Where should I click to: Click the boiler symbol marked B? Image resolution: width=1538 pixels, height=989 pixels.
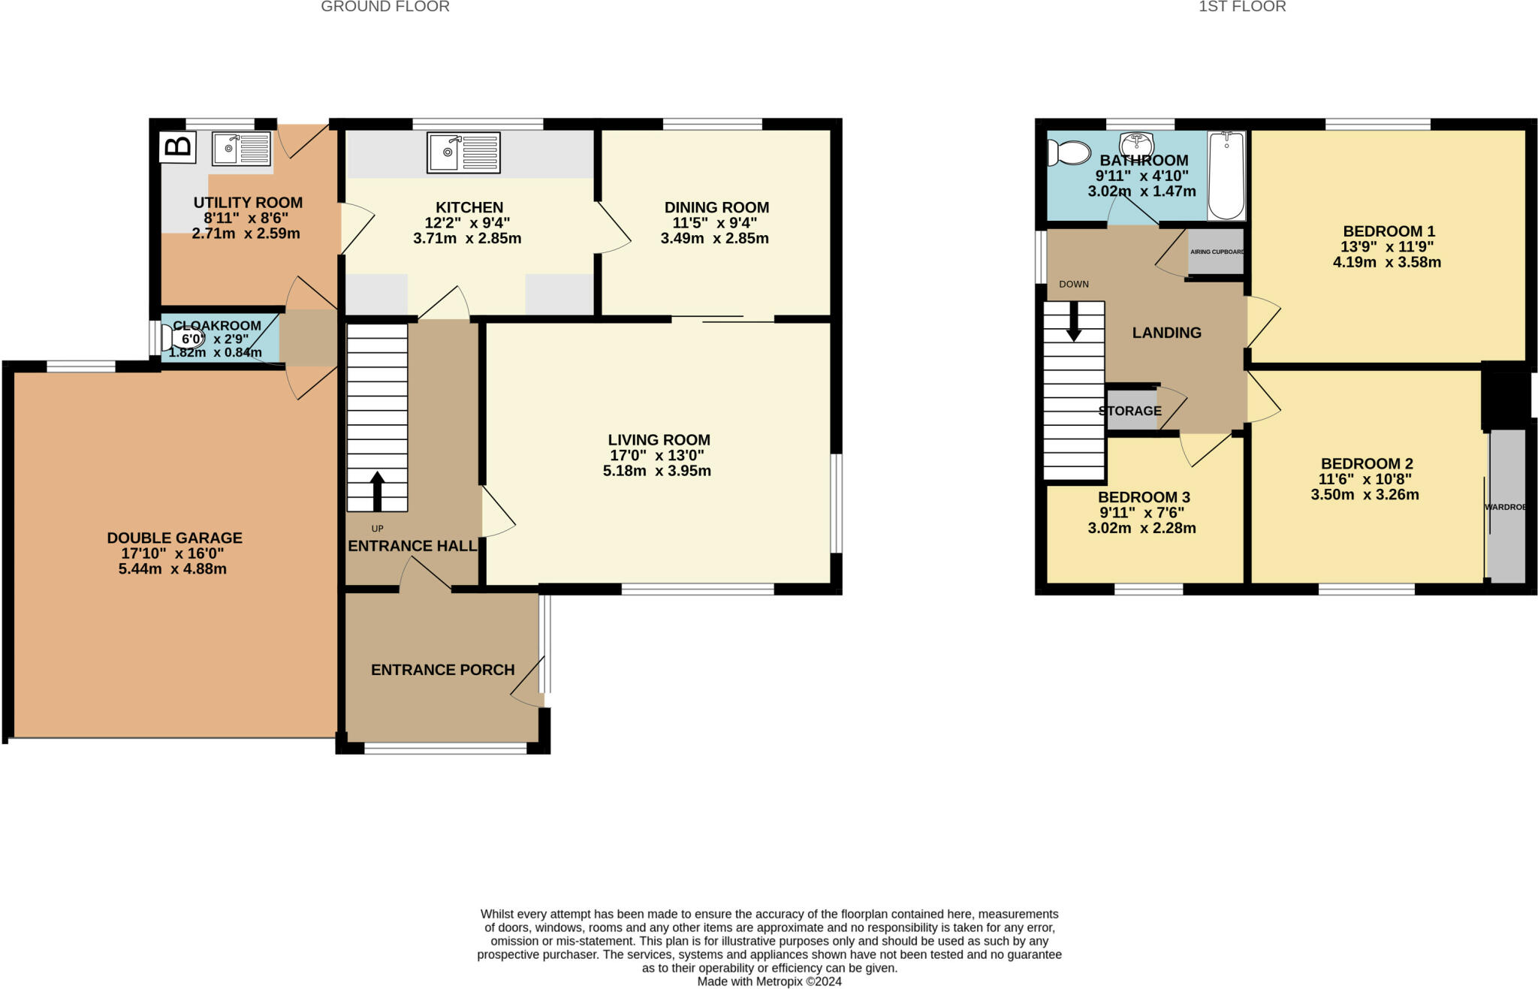(x=178, y=147)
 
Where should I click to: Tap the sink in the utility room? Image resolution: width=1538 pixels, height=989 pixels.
(x=241, y=149)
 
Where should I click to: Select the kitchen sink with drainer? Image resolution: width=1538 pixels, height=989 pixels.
(x=463, y=152)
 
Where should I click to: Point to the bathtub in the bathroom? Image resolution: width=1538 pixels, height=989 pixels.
(x=1226, y=176)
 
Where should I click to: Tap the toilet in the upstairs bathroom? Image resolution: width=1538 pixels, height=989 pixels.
(x=1069, y=152)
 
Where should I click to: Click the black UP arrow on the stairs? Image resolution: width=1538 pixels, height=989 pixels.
(x=377, y=491)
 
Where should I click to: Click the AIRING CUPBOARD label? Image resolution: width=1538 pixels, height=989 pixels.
(x=1217, y=252)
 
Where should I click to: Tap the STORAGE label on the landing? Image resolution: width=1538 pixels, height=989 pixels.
(x=1129, y=411)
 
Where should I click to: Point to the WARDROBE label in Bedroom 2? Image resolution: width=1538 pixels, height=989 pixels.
(x=1505, y=507)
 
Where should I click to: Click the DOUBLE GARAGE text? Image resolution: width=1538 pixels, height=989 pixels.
(x=174, y=538)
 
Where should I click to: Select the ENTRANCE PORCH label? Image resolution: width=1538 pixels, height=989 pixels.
(x=442, y=670)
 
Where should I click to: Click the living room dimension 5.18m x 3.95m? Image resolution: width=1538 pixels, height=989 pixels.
(x=656, y=472)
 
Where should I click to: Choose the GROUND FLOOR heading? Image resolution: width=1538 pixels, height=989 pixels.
(x=384, y=7)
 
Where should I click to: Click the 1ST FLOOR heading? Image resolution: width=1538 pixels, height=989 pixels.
(x=1242, y=7)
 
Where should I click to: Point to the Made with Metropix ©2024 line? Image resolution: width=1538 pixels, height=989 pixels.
(x=769, y=981)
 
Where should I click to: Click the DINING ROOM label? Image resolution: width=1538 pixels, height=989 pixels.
(x=716, y=207)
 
